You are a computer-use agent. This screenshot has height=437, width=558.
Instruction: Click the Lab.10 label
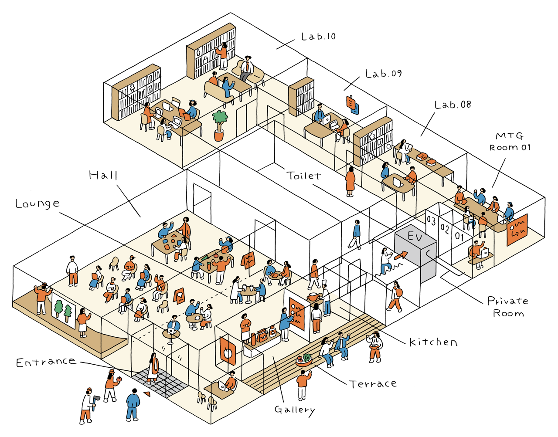click(x=319, y=37)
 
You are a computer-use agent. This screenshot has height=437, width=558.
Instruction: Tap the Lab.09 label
click(x=384, y=74)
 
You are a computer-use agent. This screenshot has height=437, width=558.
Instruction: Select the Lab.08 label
click(x=453, y=105)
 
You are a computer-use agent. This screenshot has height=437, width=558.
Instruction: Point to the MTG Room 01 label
click(x=510, y=142)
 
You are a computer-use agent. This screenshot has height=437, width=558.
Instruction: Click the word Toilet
click(x=303, y=176)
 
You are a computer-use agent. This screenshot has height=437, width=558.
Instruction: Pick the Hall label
click(x=103, y=175)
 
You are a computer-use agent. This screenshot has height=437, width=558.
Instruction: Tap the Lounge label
click(x=37, y=203)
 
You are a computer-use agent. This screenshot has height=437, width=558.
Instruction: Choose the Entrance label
click(x=46, y=362)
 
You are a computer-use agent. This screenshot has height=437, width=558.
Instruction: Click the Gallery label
click(x=295, y=410)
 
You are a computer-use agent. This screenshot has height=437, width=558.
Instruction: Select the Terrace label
click(x=373, y=384)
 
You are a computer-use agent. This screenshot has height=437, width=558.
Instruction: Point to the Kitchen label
click(x=433, y=342)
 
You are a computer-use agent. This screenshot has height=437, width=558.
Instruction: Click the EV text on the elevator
click(x=415, y=237)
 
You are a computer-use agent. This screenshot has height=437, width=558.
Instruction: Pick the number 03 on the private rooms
click(x=431, y=220)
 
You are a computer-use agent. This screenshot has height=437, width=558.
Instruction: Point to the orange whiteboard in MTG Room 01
click(x=517, y=230)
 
